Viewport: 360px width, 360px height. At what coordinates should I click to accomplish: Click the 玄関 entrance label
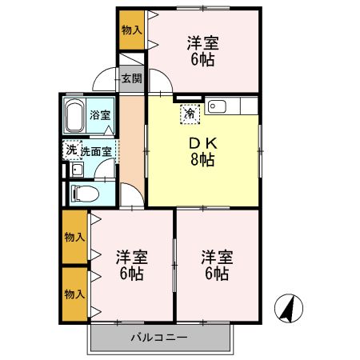tap(131, 78)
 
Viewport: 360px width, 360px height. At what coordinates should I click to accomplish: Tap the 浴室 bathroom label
tap(101, 115)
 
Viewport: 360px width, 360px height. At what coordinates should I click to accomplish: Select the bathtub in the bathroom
tap(76, 117)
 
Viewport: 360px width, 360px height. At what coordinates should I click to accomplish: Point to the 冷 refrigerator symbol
tap(190, 114)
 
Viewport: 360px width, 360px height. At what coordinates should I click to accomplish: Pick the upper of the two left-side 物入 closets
tap(74, 237)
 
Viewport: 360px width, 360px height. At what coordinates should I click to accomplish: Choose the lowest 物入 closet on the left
tap(74, 294)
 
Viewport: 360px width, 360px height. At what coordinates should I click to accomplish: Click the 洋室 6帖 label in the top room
tap(203, 50)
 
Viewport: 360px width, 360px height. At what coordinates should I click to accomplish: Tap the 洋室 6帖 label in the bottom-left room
tap(130, 265)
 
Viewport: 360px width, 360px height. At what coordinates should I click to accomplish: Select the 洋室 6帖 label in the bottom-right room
tap(215, 265)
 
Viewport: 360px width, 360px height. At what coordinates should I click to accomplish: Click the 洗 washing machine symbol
tap(71, 149)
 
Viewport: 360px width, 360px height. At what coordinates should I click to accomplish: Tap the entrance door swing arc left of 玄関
tap(103, 80)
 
